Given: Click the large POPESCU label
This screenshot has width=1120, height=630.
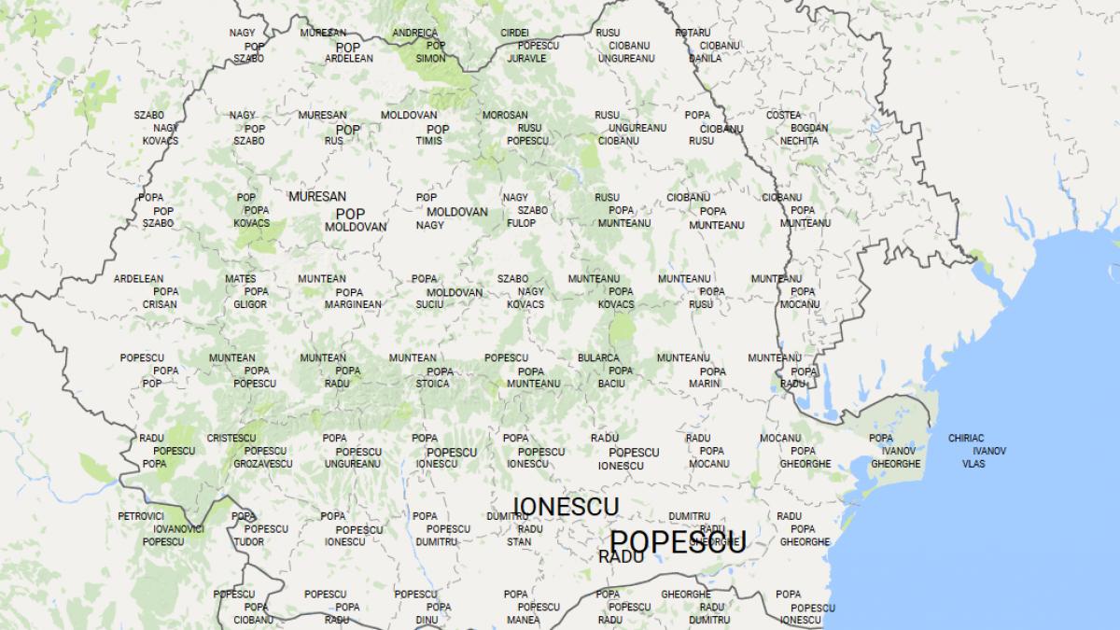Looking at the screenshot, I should [x=678, y=541].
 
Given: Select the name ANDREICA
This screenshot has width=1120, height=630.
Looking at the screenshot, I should [x=414, y=33].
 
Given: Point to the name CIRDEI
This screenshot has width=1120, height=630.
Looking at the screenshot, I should [x=514, y=33].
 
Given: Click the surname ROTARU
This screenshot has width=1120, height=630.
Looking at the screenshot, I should [x=692, y=33].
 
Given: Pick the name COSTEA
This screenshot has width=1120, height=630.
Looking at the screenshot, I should [x=783, y=116].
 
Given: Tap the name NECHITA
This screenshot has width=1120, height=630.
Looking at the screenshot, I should [x=799, y=141].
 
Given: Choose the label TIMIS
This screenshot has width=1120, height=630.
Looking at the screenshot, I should [x=429, y=141].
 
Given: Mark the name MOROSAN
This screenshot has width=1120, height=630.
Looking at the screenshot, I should [x=505, y=116].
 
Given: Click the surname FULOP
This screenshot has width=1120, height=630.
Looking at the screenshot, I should [x=522, y=224].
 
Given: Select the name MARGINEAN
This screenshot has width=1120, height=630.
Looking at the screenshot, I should [x=353, y=304].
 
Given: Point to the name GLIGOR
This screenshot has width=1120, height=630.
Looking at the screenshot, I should [x=250, y=304].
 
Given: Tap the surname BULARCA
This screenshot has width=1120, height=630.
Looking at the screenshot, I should [x=597, y=358].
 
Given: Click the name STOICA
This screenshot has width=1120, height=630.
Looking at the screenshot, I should [x=432, y=384].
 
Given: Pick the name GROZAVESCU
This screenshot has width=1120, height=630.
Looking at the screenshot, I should [x=262, y=464].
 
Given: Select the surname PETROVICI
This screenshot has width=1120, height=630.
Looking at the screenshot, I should [x=141, y=516].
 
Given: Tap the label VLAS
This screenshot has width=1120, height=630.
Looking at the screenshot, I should [x=973, y=464].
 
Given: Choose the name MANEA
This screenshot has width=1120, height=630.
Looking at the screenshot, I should [x=523, y=620].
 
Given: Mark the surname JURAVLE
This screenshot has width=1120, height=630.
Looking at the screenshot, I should [x=526, y=58].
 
